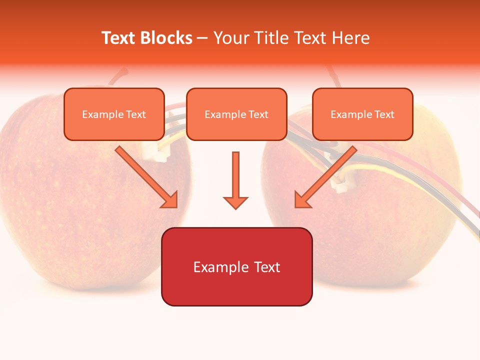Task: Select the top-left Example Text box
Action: pyautogui.click(x=114, y=114)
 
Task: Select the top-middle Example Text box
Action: pyautogui.click(x=236, y=114)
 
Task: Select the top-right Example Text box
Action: pyautogui.click(x=362, y=114)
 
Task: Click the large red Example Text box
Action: pyautogui.click(x=236, y=266)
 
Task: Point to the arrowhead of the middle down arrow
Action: pyautogui.click(x=235, y=202)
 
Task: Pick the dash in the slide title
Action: pyautogui.click(x=202, y=38)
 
